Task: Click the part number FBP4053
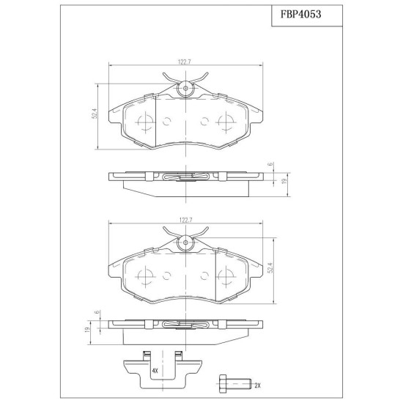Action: pyautogui.click(x=300, y=15)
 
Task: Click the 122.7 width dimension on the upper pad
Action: pyautogui.click(x=185, y=62)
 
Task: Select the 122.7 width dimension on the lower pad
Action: pyautogui.click(x=185, y=221)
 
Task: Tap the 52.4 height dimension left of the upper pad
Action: pyautogui.click(x=95, y=114)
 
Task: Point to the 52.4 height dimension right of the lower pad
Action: pyautogui.click(x=270, y=267)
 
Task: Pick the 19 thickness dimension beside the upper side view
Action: pyautogui.click(x=284, y=181)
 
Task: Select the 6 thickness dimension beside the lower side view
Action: pyautogui.click(x=97, y=312)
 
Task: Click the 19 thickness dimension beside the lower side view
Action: pyautogui.click(x=87, y=330)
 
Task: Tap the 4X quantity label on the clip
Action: pyautogui.click(x=155, y=371)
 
